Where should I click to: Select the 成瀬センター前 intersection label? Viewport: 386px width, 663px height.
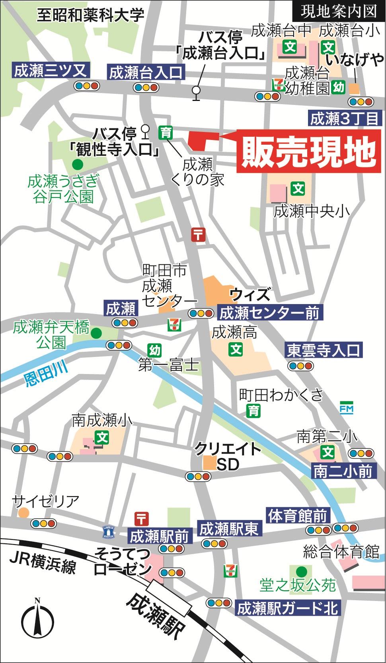pyautogui.click(x=269, y=313)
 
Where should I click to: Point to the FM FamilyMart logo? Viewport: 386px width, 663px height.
pyautogui.click(x=346, y=408)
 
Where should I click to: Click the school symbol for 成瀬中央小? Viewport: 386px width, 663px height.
pyautogui.click(x=298, y=188)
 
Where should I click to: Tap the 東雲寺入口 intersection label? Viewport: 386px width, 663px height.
pyautogui.click(x=323, y=350)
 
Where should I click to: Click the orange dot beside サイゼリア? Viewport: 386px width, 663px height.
pyautogui.click(x=23, y=512)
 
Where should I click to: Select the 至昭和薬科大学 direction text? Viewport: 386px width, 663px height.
pyautogui.click(x=90, y=16)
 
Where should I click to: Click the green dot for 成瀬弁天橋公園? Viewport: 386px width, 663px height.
pyautogui.click(x=96, y=333)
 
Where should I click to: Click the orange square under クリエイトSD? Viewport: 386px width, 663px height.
pyautogui.click(x=209, y=463)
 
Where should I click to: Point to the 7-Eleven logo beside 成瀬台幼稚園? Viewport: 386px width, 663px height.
pyautogui.click(x=277, y=85)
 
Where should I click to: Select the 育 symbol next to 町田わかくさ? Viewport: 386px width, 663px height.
pyautogui.click(x=253, y=411)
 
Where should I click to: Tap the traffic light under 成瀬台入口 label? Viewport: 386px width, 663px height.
pyautogui.click(x=146, y=88)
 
